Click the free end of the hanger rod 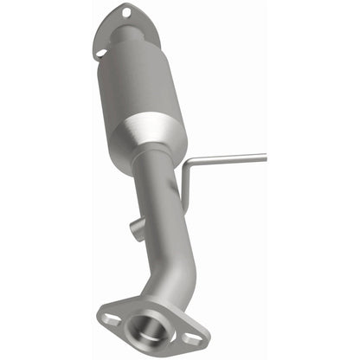[x=262, y=157]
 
